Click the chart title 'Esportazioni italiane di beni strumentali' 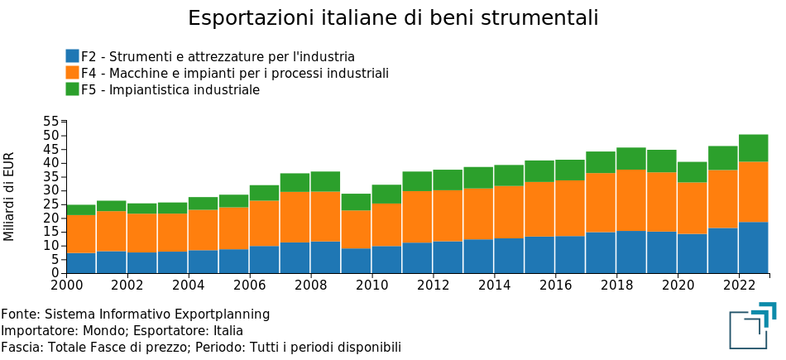393,18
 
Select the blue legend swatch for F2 73,56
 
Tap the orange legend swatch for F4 73,73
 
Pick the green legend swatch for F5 73,89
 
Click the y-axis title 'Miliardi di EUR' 9,197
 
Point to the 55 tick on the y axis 53,122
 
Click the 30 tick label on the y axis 53,190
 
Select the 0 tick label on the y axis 56,273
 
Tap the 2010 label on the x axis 371,286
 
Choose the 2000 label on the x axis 66,286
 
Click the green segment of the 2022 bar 754,147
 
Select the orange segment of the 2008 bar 325,216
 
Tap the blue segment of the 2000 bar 80,262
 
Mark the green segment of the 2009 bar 356,202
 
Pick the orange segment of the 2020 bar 693,208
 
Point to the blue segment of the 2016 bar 570,254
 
